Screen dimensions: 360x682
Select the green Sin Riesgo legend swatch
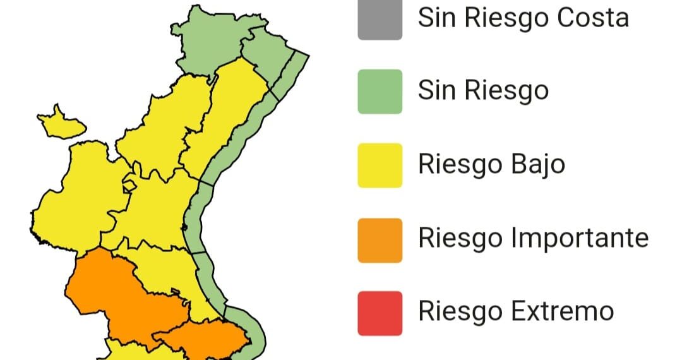(380, 92)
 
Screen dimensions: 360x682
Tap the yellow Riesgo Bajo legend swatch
(380, 165)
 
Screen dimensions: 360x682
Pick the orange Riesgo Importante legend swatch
(380, 240)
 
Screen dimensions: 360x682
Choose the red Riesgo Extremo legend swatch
(380, 313)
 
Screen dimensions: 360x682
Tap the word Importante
(579, 239)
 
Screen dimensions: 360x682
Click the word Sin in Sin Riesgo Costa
(436, 18)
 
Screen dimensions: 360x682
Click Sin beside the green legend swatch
(436, 91)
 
